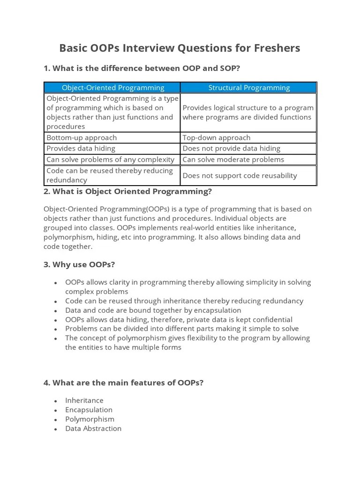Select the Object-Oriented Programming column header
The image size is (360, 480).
click(x=113, y=88)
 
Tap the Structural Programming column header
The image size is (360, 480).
click(x=249, y=88)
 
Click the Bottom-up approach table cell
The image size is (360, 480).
click(x=82, y=138)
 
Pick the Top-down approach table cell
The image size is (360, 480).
click(x=217, y=138)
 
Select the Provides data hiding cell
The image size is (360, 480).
click(x=81, y=149)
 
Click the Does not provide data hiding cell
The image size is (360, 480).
click(x=231, y=149)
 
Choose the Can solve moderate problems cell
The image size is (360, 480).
click(x=233, y=159)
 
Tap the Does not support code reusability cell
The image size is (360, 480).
click(x=240, y=176)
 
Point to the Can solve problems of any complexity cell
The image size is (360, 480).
click(x=110, y=159)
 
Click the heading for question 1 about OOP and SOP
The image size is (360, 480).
click(x=142, y=68)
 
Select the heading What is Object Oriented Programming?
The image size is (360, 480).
click(x=127, y=192)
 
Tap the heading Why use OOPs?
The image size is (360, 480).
click(x=79, y=264)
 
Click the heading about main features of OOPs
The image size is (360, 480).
click(x=123, y=383)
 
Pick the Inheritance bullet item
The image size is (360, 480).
click(x=84, y=400)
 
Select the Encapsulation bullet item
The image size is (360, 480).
click(x=89, y=410)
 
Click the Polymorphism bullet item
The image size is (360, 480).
click(x=90, y=419)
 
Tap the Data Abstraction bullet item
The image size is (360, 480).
click(x=93, y=428)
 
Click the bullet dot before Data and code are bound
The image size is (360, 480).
click(x=56, y=311)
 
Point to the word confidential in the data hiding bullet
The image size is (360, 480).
click(x=270, y=320)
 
